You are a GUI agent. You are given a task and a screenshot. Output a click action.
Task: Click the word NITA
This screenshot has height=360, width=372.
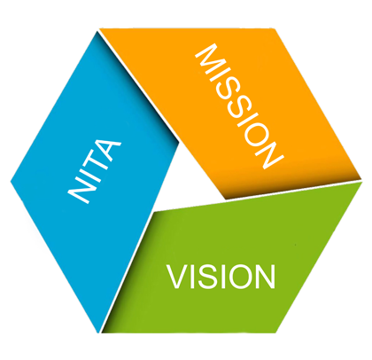coord(95,171)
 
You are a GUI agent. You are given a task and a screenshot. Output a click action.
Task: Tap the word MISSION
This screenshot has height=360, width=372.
coord(239,106)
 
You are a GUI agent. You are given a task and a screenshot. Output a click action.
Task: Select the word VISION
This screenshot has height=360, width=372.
coord(221,277)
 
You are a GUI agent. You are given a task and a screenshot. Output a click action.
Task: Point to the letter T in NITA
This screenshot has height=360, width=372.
coord(99,162)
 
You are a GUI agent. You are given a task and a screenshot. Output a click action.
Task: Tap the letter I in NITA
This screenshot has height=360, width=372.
coord(91,175)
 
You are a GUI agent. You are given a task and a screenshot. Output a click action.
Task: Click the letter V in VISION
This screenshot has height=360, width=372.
coord(178,277)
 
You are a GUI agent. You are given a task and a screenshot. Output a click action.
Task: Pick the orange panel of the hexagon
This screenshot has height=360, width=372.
coord(236,106)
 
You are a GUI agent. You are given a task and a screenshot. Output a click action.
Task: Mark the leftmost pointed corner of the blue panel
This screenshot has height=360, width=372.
coord(11,182)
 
